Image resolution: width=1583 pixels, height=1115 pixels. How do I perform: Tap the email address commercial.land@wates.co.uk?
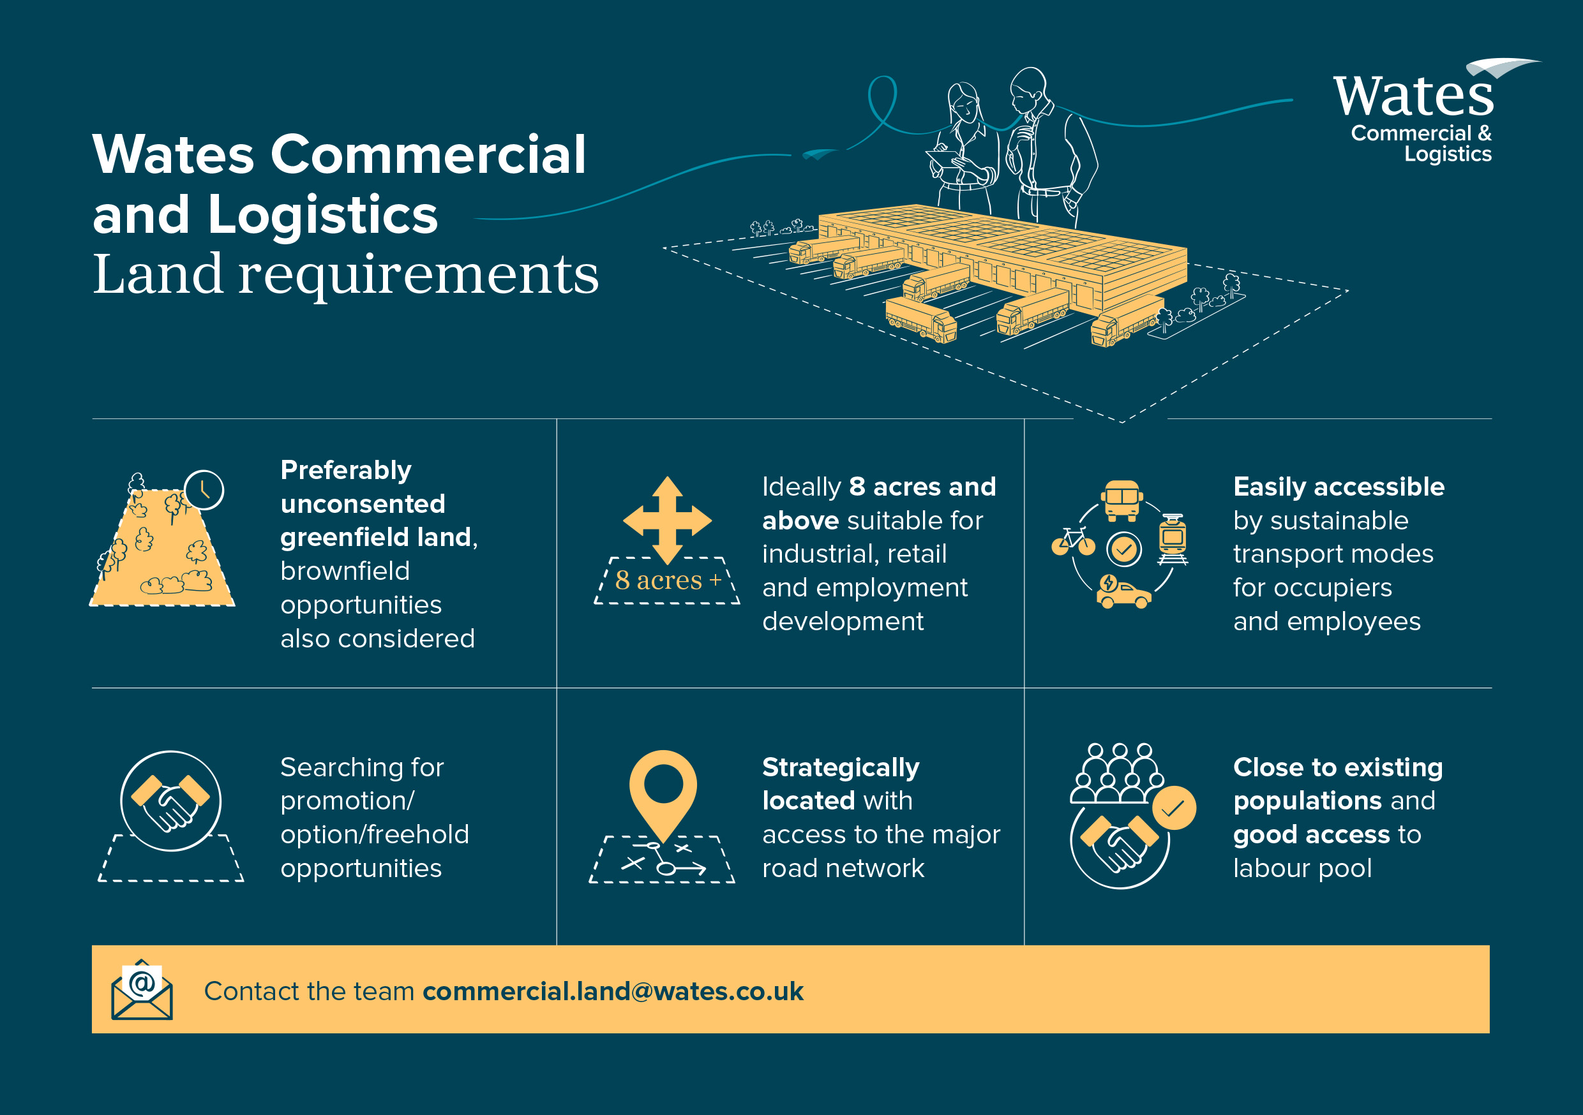(x=613, y=991)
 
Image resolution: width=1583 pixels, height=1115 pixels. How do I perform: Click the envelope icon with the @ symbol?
(x=142, y=990)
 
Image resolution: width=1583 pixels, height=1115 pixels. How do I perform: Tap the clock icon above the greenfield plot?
(x=204, y=490)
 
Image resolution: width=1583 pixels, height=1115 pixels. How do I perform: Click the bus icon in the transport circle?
(x=1122, y=499)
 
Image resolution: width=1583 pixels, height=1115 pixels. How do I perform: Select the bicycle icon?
(x=1073, y=542)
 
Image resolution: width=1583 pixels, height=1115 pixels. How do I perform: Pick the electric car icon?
(x=1122, y=593)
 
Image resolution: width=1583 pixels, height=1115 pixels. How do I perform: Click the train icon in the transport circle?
(x=1172, y=539)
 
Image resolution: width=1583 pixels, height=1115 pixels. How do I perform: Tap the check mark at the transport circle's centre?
(x=1124, y=549)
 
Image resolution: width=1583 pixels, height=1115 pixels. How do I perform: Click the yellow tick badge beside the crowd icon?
(x=1173, y=808)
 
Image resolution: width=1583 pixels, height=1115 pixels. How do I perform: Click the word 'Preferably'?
(x=345, y=470)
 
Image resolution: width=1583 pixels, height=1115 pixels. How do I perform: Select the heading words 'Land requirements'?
(x=345, y=274)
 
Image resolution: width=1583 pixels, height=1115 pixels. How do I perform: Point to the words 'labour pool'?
(x=1302, y=868)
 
